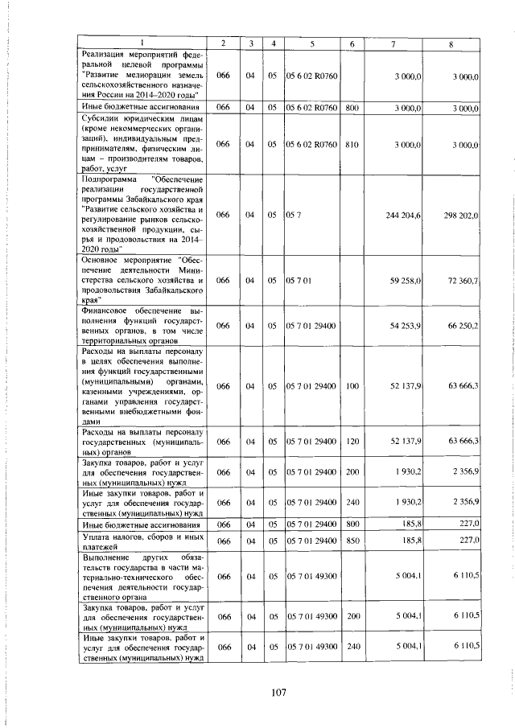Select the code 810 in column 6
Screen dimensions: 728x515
(x=352, y=144)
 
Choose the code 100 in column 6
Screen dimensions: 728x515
(x=352, y=386)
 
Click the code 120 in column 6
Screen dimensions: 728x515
(x=352, y=442)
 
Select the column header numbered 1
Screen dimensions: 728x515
(x=142, y=42)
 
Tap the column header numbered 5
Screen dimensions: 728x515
(x=311, y=42)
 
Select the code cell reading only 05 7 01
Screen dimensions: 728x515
(x=297, y=280)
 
